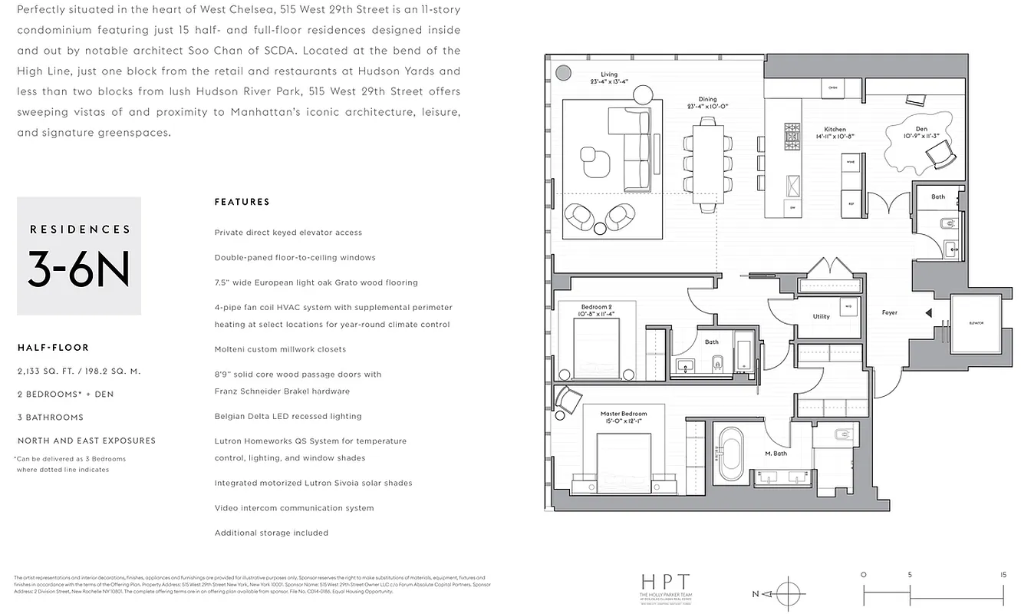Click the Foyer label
click(x=889, y=312)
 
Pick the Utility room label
click(x=821, y=316)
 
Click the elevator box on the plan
click(x=975, y=323)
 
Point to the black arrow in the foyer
click(x=928, y=312)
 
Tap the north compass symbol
click(x=788, y=594)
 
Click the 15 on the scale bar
click(x=1003, y=573)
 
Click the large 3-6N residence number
click(x=78, y=269)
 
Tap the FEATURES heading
click(x=242, y=202)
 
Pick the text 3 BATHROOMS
click(x=50, y=418)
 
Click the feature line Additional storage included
click(x=272, y=533)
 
